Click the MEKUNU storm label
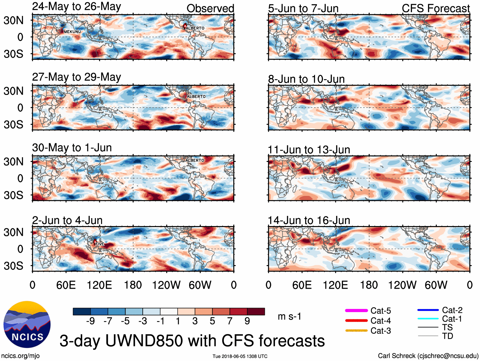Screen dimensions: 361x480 (x=72, y=32)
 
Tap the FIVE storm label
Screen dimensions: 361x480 (x=100, y=244)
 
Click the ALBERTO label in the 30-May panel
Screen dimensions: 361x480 (x=195, y=160)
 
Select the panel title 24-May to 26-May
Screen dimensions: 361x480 (x=77, y=7)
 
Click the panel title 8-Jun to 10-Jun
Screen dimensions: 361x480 (x=306, y=79)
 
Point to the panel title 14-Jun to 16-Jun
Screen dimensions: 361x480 (x=309, y=220)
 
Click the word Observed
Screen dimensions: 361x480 (x=210, y=8)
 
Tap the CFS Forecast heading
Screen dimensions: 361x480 (x=435, y=8)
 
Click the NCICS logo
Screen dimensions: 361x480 (x=27, y=324)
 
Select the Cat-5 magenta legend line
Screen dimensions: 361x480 (x=356, y=311)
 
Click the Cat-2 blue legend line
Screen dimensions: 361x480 (x=428, y=310)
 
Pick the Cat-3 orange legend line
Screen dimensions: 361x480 (x=356, y=331)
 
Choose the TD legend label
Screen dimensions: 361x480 (x=448, y=336)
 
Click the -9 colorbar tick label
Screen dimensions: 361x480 (x=90, y=321)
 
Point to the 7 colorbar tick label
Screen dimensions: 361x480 (x=230, y=321)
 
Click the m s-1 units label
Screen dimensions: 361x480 (x=289, y=317)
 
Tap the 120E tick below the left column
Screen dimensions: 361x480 (x=99, y=285)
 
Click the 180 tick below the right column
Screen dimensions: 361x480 (x=369, y=285)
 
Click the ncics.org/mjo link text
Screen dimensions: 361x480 (x=20, y=356)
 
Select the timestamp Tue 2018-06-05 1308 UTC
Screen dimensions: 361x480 (x=240, y=356)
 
